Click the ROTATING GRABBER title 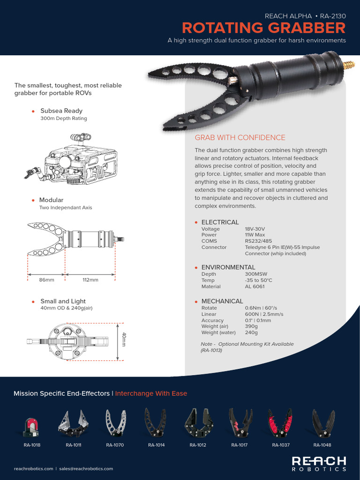point(263,28)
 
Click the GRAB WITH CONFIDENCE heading point(240,137)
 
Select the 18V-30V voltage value point(255,229)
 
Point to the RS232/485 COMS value point(259,241)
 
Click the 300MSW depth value point(258,274)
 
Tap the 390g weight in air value point(251,326)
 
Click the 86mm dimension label point(46,280)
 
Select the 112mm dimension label point(90,280)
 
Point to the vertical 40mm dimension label point(124,340)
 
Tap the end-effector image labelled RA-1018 point(32,424)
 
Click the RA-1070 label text point(115,445)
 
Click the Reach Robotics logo point(319,463)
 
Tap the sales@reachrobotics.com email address point(86,468)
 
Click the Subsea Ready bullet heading point(61,111)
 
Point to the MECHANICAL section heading point(222,301)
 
